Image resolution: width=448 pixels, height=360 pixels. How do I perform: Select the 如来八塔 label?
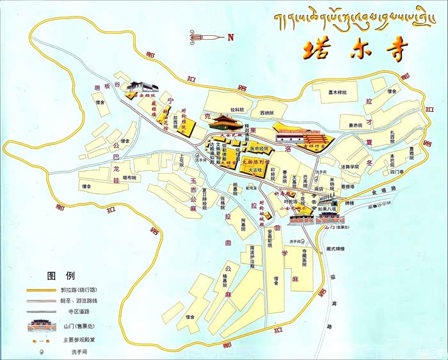point(327,208)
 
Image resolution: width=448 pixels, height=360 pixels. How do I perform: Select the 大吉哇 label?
point(254,169)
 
